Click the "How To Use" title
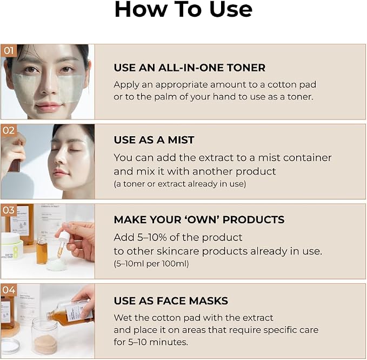pos(183,9)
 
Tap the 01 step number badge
pos(9,50)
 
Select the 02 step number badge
pos(9,130)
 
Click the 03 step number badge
pos(9,210)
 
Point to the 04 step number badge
pos(9,290)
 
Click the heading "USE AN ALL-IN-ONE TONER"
pos(190,68)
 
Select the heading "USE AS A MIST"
pos(154,140)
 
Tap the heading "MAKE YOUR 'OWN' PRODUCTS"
pos(199,219)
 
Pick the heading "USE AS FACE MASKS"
pos(171,301)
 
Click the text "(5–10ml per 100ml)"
pos(151,264)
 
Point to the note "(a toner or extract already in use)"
pos(180,184)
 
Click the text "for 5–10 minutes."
pos(151,342)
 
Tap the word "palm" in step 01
pos(165,97)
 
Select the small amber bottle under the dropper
pos(42,250)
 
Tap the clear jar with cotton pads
pos(44,335)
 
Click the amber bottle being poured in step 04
pos(70,312)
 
